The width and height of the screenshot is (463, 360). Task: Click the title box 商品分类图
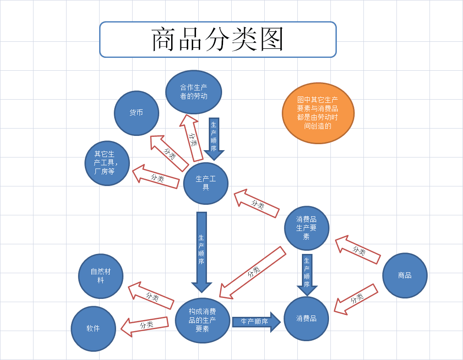[x=218, y=39]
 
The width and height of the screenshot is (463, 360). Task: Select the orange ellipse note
[x=318, y=112]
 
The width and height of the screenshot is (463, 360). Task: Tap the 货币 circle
[x=136, y=112]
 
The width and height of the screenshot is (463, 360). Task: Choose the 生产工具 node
[x=206, y=183]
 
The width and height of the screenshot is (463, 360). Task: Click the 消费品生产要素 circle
[x=307, y=228]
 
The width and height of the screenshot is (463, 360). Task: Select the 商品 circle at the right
[x=405, y=276]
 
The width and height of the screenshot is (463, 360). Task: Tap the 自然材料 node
[x=101, y=276]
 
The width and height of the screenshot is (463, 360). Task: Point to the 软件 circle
[x=93, y=328]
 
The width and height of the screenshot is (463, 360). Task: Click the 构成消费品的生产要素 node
[x=202, y=320]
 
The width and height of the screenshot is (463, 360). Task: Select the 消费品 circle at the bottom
[x=307, y=318]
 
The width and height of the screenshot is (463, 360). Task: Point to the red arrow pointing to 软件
[x=145, y=325]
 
